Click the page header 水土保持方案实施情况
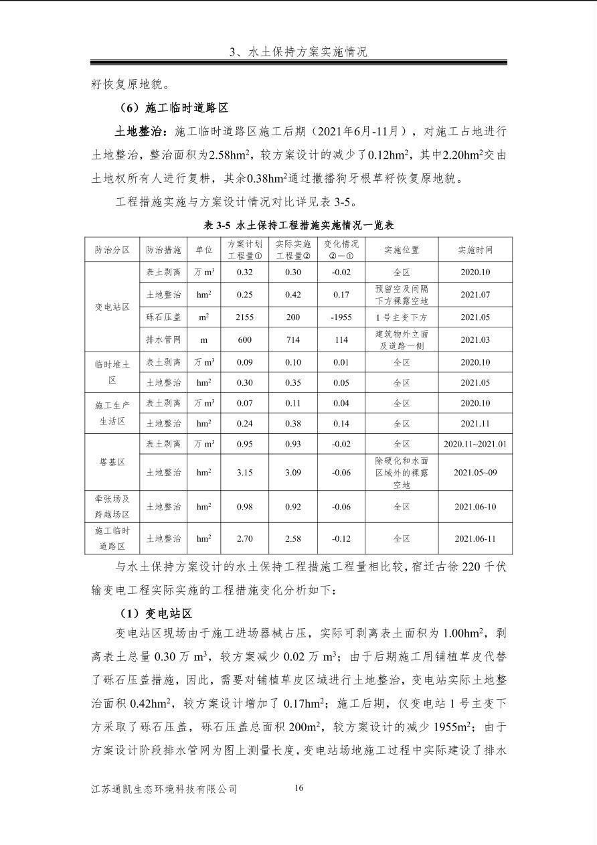tap(298, 52)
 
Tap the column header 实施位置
tap(402, 250)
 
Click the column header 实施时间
tap(475, 250)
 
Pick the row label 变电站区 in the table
tap(112, 307)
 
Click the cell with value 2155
tap(245, 317)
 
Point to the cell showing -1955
tap(341, 317)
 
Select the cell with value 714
tap(293, 339)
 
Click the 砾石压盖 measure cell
tap(163, 317)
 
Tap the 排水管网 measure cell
tap(163, 339)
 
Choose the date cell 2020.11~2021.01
tap(475, 444)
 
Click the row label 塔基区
tap(112, 462)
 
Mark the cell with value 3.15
tap(245, 472)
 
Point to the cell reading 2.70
tap(245, 538)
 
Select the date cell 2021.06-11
tap(475, 538)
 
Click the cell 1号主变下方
tap(402, 317)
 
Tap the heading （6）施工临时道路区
tap(173, 107)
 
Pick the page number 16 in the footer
tap(298, 787)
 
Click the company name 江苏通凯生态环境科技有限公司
tap(165, 789)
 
